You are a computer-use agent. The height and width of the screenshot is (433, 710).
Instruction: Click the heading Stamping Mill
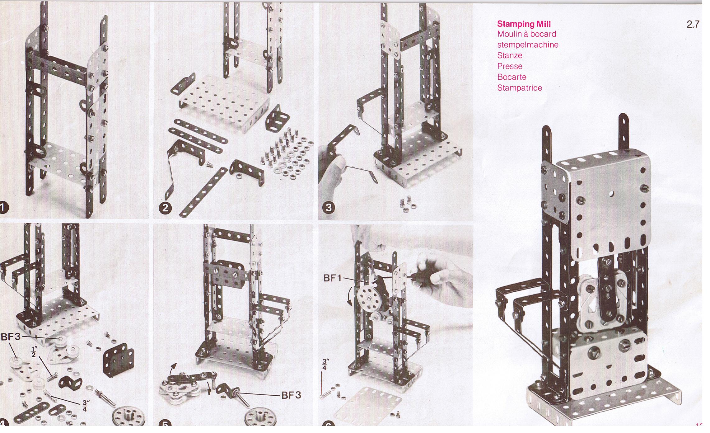pos(524,24)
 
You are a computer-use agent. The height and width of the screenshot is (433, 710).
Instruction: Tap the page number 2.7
pos(693,24)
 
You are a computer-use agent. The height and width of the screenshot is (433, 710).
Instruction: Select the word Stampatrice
pos(520,88)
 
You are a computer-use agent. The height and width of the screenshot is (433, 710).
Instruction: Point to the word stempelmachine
pos(528,45)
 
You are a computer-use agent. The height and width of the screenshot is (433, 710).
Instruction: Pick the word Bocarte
pos(512,77)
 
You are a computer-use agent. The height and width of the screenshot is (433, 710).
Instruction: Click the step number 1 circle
pos(3,208)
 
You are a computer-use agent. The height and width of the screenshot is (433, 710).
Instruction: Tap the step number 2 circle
pos(165,208)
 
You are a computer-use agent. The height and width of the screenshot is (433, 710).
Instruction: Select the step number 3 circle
pos(329,207)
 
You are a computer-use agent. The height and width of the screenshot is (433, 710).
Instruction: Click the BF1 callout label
pos(332,278)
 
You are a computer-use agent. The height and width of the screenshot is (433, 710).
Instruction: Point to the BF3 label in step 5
pos(291,395)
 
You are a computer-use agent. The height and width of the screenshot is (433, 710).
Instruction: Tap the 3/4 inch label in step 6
pos(325,364)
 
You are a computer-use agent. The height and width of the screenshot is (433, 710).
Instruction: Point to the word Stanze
pos(510,55)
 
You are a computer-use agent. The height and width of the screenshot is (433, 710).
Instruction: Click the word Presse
pos(510,66)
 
